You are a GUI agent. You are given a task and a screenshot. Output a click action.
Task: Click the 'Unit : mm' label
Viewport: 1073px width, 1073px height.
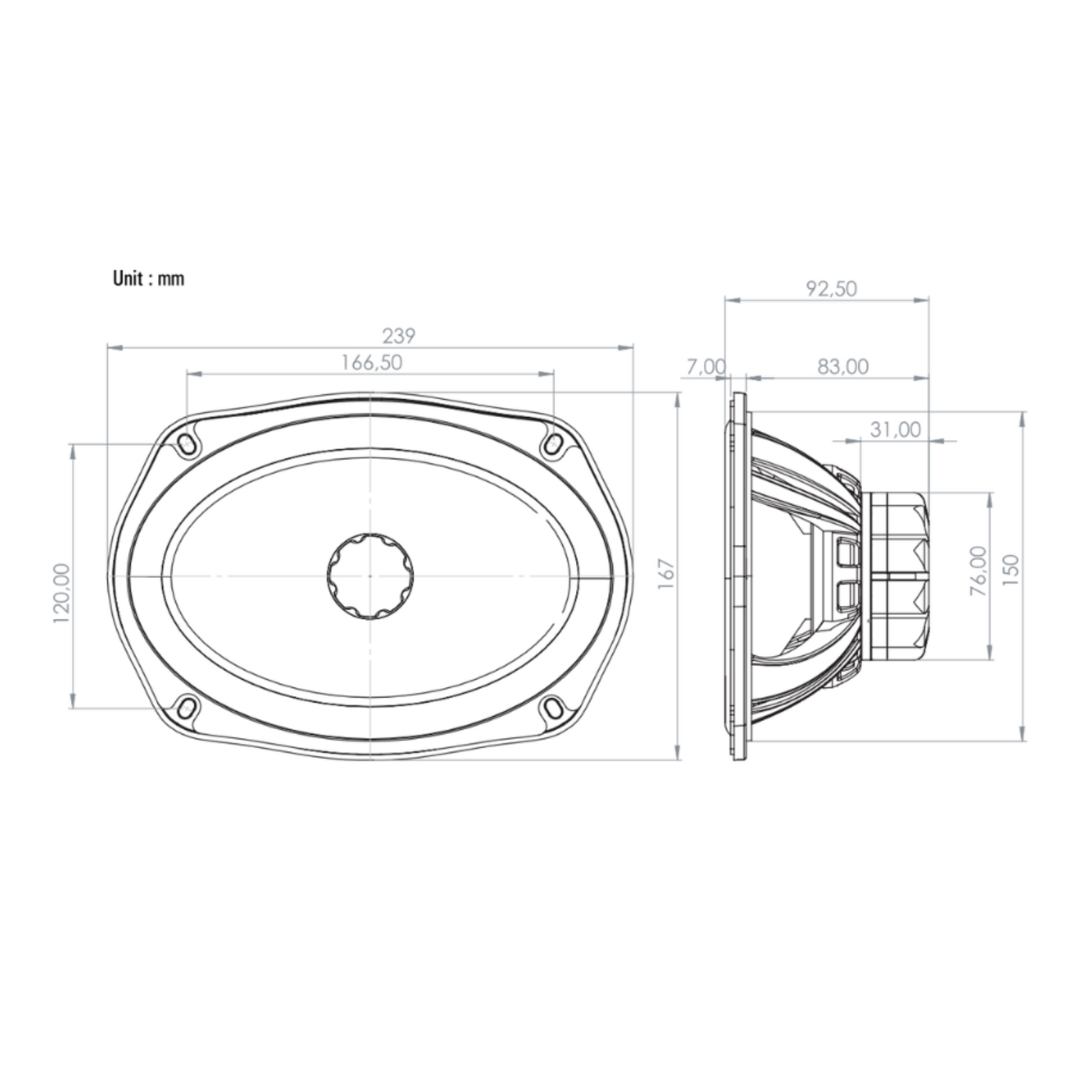148,278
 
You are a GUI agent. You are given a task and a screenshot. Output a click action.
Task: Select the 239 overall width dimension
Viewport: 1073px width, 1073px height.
398,335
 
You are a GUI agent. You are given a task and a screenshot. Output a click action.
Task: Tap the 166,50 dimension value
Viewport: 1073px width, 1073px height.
371,362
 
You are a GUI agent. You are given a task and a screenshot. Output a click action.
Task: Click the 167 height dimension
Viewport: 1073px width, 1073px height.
666,576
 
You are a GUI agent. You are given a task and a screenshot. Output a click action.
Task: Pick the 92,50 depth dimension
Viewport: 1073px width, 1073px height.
831,288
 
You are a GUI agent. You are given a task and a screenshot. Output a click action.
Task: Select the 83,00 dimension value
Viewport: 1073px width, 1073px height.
843,366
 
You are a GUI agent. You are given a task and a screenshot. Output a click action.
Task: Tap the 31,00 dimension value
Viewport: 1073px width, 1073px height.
895,429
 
